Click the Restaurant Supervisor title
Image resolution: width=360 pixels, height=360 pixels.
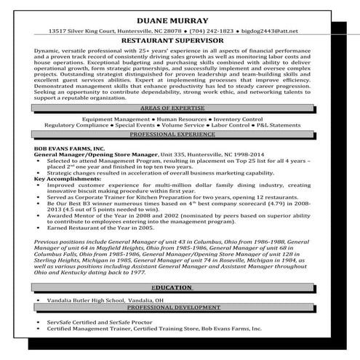click(180, 42)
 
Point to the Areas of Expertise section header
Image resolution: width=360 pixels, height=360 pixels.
click(180, 106)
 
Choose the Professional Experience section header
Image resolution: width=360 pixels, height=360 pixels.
click(180, 135)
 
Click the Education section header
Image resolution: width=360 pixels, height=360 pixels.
click(180, 287)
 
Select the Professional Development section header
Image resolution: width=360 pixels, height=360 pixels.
click(180, 308)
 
